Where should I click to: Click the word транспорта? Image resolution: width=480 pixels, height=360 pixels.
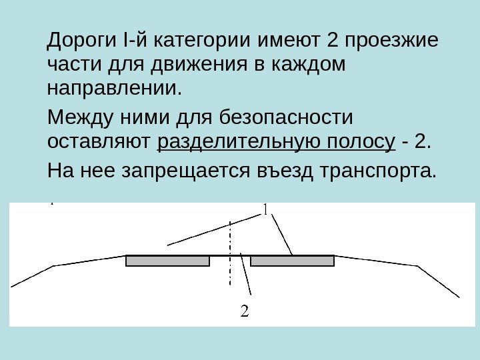[379, 172]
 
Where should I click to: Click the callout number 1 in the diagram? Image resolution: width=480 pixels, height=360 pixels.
[265, 210]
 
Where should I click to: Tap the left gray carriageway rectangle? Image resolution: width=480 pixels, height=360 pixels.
[167, 261]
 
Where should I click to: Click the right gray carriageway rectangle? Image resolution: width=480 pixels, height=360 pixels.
[292, 261]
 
